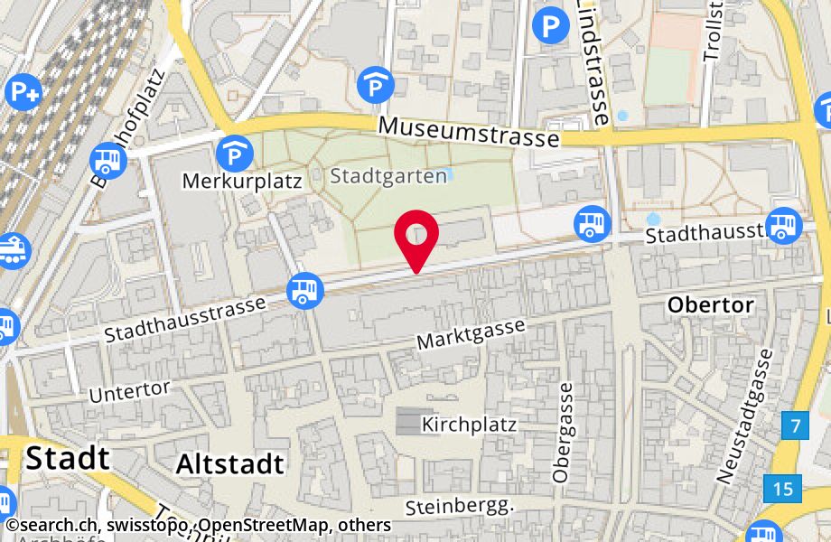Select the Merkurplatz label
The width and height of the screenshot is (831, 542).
click(x=241, y=181)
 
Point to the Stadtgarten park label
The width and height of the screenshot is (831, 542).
click(x=388, y=175)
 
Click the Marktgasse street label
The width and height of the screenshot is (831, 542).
click(x=470, y=334)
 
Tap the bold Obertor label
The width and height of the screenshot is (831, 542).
click(x=710, y=305)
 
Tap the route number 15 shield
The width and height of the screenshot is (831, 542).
click(x=782, y=489)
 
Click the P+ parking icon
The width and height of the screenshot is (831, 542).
click(x=23, y=90)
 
